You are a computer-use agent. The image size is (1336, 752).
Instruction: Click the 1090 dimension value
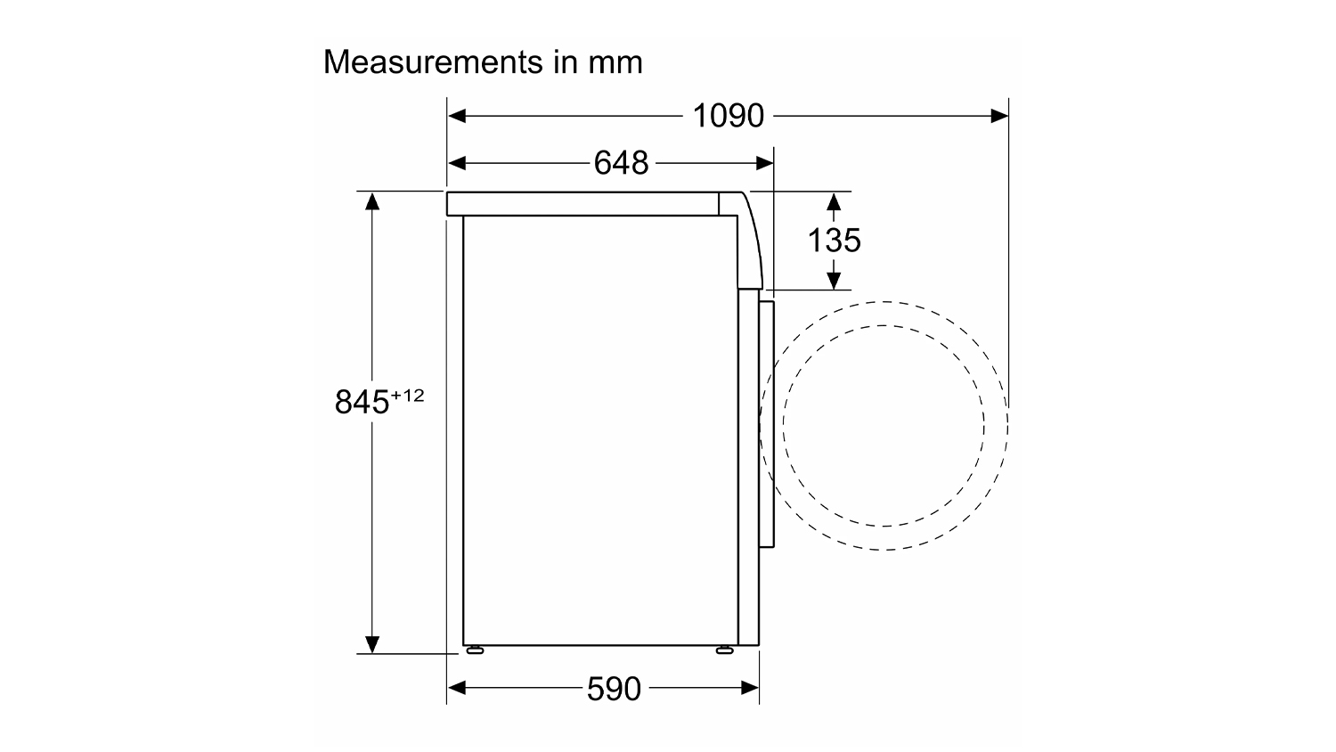point(728,116)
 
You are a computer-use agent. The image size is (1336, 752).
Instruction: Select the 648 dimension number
point(621,163)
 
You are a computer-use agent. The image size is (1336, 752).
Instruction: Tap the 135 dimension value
point(834,241)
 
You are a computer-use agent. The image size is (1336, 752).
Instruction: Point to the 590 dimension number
point(614,689)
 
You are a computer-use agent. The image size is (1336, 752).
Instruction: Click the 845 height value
point(362,402)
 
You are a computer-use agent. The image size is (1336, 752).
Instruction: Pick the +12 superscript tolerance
point(407,396)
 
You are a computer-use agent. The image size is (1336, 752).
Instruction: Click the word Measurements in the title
point(433,62)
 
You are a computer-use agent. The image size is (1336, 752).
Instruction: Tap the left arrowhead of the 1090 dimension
point(457,116)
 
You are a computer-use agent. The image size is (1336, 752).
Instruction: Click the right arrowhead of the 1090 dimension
point(999,116)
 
